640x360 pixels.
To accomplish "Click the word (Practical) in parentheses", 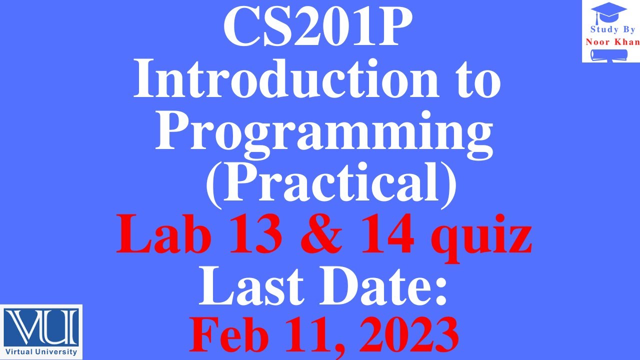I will (331, 184).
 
